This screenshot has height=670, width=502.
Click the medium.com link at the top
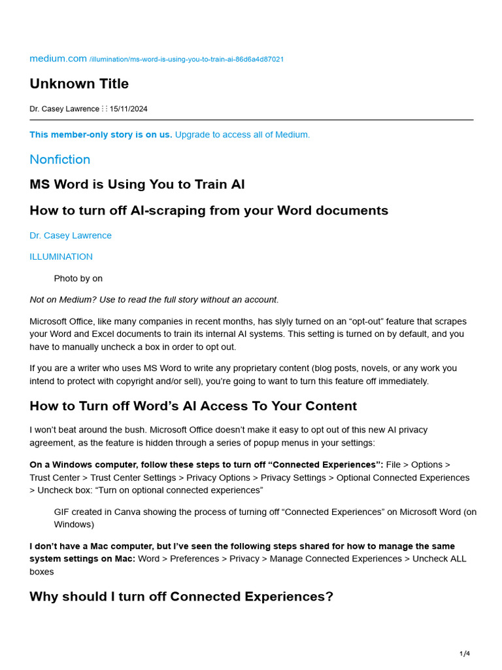(58, 59)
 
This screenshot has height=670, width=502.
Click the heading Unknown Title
(79, 84)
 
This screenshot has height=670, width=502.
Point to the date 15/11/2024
(129, 109)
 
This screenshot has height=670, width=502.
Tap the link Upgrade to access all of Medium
(242, 135)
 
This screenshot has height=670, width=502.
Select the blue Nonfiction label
(60, 160)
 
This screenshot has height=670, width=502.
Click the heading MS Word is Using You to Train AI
(137, 185)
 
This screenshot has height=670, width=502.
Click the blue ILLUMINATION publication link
(61, 256)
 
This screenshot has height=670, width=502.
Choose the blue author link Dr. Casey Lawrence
(71, 236)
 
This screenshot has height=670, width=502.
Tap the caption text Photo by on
(78, 278)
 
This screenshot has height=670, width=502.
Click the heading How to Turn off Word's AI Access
(193, 406)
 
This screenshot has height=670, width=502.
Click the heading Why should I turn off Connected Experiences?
(181, 597)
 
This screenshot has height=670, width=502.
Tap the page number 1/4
(465, 654)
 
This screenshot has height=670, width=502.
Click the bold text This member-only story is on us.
(101, 135)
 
